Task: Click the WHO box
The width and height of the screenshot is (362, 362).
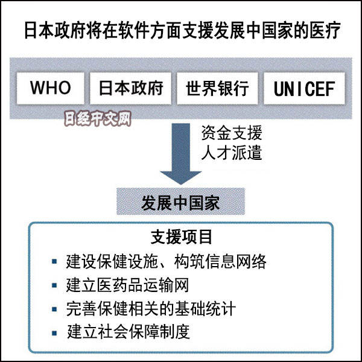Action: click(x=51, y=88)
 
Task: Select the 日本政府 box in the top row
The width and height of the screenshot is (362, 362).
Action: click(x=131, y=88)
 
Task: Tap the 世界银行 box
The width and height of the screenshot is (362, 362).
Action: click(x=217, y=88)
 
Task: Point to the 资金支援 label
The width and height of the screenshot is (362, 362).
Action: click(x=232, y=133)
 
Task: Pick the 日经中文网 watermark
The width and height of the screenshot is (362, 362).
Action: click(x=97, y=119)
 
